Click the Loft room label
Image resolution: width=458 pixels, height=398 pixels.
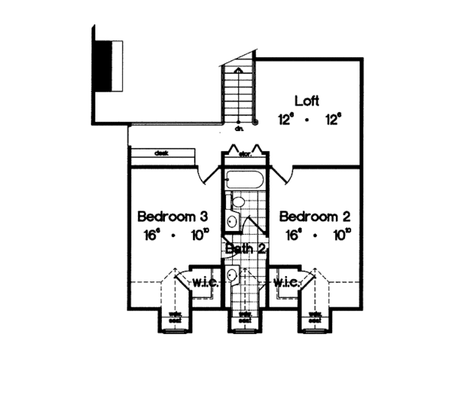pos(305,101)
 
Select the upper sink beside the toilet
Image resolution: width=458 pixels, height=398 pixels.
pos(232,222)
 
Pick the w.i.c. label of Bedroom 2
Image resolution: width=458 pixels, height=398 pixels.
pos(285,283)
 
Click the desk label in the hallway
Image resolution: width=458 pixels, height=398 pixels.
pos(161,152)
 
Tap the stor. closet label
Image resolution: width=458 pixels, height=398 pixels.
pos(245,154)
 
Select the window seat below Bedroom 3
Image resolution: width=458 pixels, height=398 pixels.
pos(174,318)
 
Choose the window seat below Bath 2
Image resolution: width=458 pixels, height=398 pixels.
pos(245,318)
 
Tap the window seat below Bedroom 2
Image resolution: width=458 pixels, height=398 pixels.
pos(315,318)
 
